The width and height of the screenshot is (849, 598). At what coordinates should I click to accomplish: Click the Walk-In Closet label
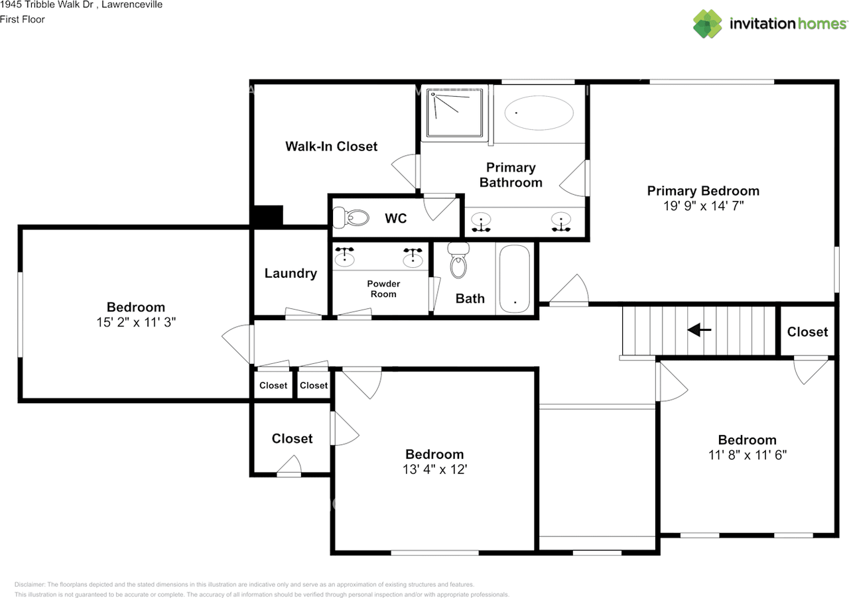331,147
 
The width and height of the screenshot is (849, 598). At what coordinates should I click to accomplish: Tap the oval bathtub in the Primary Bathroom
539,113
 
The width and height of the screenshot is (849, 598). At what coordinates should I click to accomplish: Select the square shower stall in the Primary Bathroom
454,113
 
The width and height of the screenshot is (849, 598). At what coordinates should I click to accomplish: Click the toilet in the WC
351,218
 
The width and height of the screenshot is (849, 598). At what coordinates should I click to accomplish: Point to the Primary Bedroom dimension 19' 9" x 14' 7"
703,206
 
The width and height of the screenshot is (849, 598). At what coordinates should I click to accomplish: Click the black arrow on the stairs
699,329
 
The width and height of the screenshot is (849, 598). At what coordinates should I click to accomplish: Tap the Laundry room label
291,273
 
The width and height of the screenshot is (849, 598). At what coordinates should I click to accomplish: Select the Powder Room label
383,289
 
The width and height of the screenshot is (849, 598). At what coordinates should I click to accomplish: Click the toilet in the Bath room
458,261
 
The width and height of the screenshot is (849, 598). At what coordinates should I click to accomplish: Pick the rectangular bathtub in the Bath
514,278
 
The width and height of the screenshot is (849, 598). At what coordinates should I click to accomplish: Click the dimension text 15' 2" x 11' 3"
136,322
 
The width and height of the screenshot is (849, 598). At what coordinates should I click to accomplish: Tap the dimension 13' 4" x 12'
434,469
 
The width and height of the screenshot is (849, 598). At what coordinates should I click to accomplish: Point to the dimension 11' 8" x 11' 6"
748,455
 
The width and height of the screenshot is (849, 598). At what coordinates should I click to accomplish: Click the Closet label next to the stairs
807,332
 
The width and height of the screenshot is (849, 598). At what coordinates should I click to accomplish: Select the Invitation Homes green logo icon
707,24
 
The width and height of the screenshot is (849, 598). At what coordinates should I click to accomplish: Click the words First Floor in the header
23,19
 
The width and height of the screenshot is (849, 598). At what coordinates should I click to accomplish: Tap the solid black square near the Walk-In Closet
268,216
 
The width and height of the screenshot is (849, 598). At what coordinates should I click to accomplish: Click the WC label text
396,218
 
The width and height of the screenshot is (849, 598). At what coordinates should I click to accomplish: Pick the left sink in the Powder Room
344,257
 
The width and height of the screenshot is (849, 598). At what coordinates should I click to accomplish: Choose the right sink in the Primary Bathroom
561,222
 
